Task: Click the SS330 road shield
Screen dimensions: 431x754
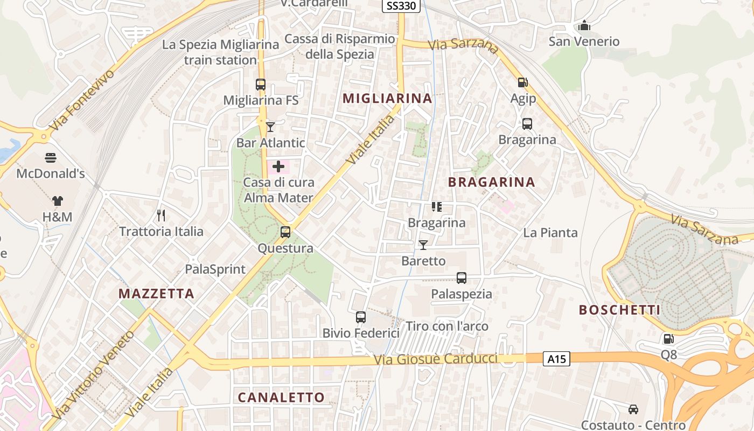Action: point(401,6)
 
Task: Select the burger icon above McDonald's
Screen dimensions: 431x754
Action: point(51,158)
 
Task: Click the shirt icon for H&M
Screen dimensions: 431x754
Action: point(57,201)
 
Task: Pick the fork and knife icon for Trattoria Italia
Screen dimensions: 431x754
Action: point(160,215)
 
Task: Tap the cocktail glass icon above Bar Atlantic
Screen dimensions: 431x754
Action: point(270,127)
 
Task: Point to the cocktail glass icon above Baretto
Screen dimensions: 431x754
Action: point(423,245)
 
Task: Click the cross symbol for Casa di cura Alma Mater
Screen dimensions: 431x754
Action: point(278,166)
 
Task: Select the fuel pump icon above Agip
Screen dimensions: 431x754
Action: point(522,82)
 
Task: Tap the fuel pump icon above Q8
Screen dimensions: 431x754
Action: point(668,339)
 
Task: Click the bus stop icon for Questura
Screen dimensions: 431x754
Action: point(285,232)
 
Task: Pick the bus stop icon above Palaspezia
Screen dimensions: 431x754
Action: point(462,278)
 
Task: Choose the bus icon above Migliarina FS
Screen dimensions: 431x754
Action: point(261,85)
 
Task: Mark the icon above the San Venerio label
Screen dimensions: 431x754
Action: point(584,25)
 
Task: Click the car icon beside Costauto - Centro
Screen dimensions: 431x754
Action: point(633,409)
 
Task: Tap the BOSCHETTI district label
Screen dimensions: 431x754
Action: point(619,310)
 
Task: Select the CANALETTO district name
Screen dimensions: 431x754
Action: point(281,398)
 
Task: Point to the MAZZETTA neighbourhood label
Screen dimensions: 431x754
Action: point(156,294)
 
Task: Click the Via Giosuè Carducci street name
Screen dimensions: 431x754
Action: point(435,359)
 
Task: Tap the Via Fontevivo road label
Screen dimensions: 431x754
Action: point(82,100)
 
